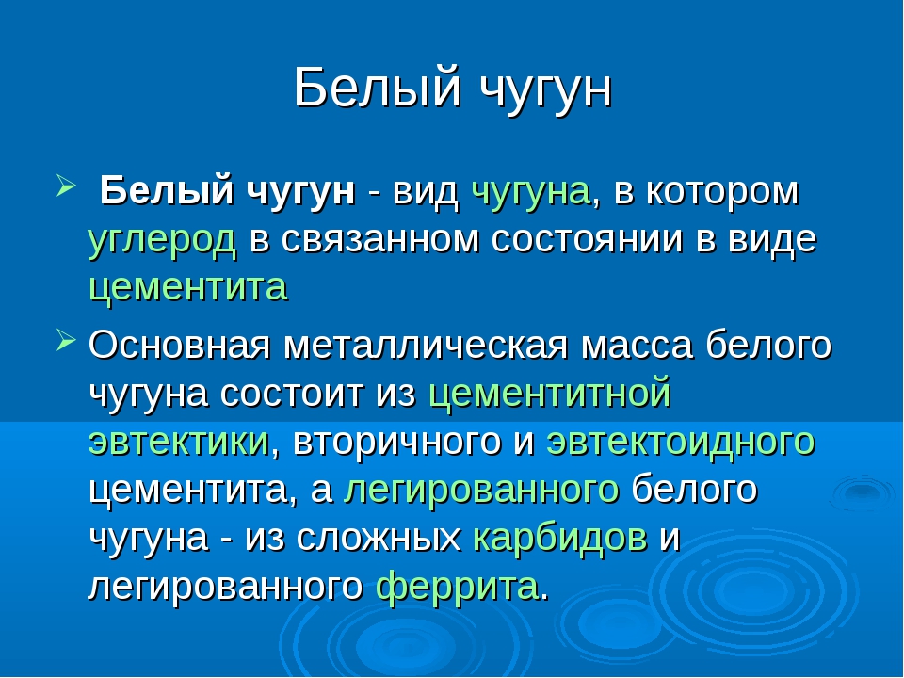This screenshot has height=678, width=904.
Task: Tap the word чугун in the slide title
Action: tap(545, 92)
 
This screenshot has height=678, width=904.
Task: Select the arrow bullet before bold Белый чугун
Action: tap(66, 186)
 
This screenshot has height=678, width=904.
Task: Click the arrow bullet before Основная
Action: tap(66, 340)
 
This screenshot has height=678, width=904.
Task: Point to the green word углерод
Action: tap(162, 240)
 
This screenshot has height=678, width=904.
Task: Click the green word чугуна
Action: tap(530, 192)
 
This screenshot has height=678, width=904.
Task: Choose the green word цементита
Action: tap(188, 287)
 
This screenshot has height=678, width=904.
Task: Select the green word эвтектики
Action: tap(179, 442)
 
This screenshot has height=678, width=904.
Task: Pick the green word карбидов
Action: tap(559, 538)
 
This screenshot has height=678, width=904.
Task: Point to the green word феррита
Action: tap(458, 587)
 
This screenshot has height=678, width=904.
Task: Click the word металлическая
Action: tap(426, 346)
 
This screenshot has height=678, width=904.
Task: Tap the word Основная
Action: tap(179, 345)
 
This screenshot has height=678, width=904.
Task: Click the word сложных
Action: tap(379, 539)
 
